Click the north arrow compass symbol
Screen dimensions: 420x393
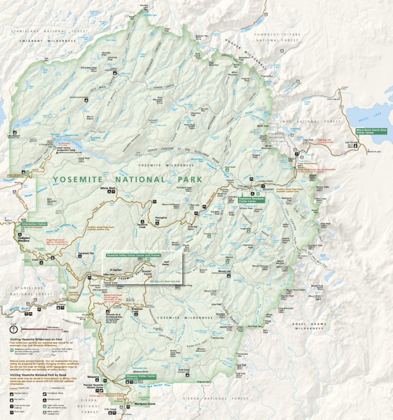pyautogui.click(x=14, y=329)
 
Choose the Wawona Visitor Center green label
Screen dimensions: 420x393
pyautogui.click(x=141, y=376)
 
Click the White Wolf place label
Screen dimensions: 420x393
pyautogui.click(x=108, y=188)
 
